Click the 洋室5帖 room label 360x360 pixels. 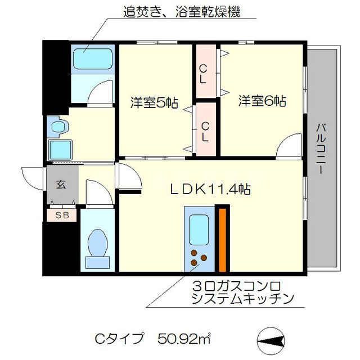pyautogui.click(x=155, y=102)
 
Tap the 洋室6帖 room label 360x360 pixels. pyautogui.click(x=262, y=101)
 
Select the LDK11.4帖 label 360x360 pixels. pyautogui.click(x=210, y=190)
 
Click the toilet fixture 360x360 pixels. pyautogui.click(x=97, y=247)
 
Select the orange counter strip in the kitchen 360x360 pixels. pyautogui.click(x=223, y=239)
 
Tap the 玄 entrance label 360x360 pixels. pyautogui.click(x=61, y=183)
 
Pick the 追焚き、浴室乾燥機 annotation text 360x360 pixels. pyautogui.click(x=182, y=12)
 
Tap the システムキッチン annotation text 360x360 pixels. pyautogui.click(x=242, y=299)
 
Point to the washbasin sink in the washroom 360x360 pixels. pyautogui.click(x=58, y=127)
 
